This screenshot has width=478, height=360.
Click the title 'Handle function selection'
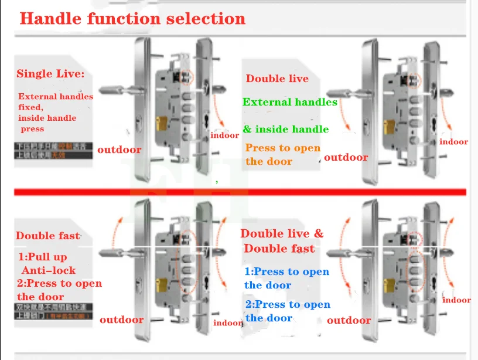click(132, 18)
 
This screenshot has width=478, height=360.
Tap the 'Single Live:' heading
click(50, 74)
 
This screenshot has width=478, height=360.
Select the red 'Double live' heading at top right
click(277, 79)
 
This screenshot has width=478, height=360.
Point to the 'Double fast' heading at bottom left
click(47, 236)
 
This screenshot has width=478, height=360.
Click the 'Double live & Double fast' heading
click(282, 241)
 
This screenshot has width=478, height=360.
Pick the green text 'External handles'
click(290, 102)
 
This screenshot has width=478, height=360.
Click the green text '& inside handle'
click(286, 129)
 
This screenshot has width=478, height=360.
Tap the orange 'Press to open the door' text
click(283, 154)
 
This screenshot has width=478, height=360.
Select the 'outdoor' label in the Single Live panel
click(119, 150)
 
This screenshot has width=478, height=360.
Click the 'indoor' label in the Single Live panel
click(225, 135)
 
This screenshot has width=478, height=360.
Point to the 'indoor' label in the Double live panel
click(454, 142)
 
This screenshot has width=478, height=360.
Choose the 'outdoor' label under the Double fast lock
click(122, 320)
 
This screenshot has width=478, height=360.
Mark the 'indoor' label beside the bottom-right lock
click(456, 300)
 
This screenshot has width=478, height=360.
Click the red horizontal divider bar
click(239, 192)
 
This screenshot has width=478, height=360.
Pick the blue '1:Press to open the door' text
click(286, 279)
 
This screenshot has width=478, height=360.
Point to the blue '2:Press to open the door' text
click(287, 311)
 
